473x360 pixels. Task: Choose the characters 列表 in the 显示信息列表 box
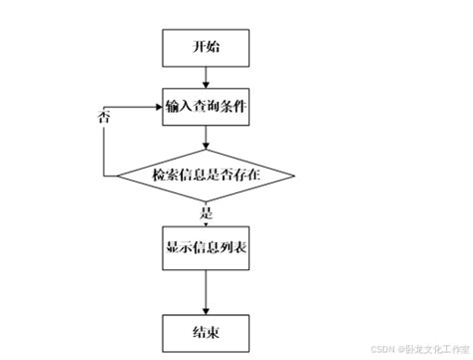click(232, 250)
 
